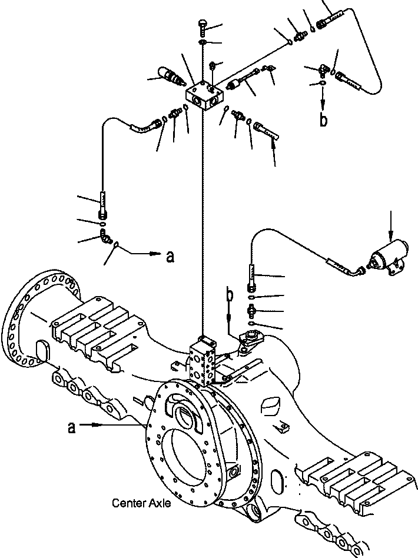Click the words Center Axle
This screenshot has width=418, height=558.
[x=141, y=504]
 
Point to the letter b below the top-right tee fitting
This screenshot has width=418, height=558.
[x=323, y=119]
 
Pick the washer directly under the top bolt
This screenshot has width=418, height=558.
[x=201, y=42]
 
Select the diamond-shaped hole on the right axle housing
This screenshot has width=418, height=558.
[x=269, y=404]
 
